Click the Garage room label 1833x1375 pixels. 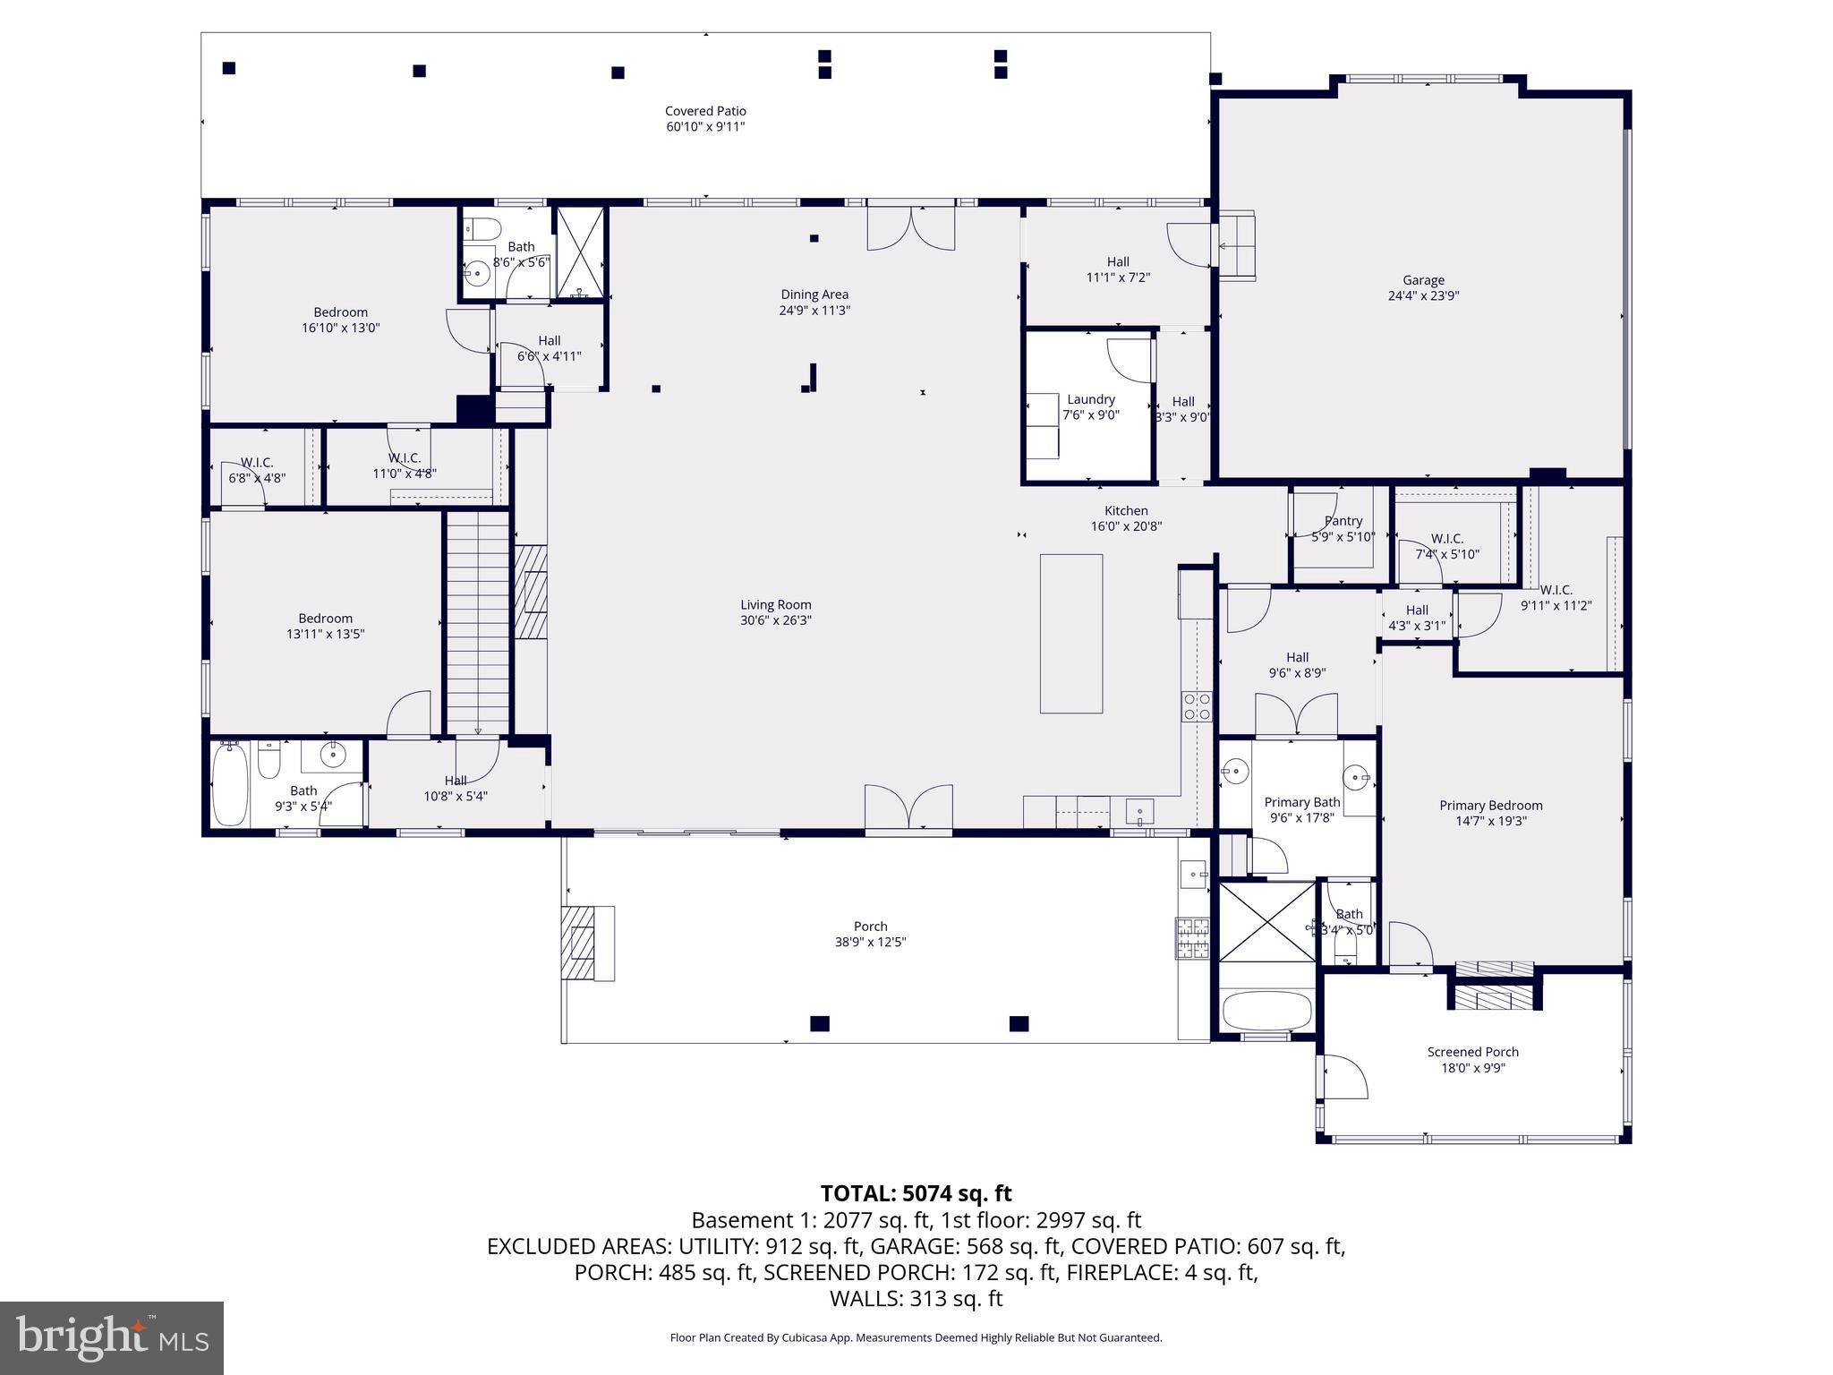[1423, 280]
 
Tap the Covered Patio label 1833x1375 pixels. [705, 111]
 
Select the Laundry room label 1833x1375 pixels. [1090, 399]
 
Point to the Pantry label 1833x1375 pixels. [1343, 521]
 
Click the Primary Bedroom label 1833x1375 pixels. [1490, 805]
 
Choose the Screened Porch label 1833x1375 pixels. [1472, 1052]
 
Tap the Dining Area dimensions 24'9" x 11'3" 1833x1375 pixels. [814, 311]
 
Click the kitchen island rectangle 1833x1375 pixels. [1070, 633]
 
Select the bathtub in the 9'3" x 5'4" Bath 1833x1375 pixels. [230, 785]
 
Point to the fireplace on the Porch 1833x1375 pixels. [587, 943]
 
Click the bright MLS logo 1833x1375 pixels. [112, 1338]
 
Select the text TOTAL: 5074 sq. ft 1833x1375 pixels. [916, 1193]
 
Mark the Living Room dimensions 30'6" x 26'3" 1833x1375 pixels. [775, 620]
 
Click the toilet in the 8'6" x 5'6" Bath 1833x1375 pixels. [483, 228]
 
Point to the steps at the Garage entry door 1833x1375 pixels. [1236, 246]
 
